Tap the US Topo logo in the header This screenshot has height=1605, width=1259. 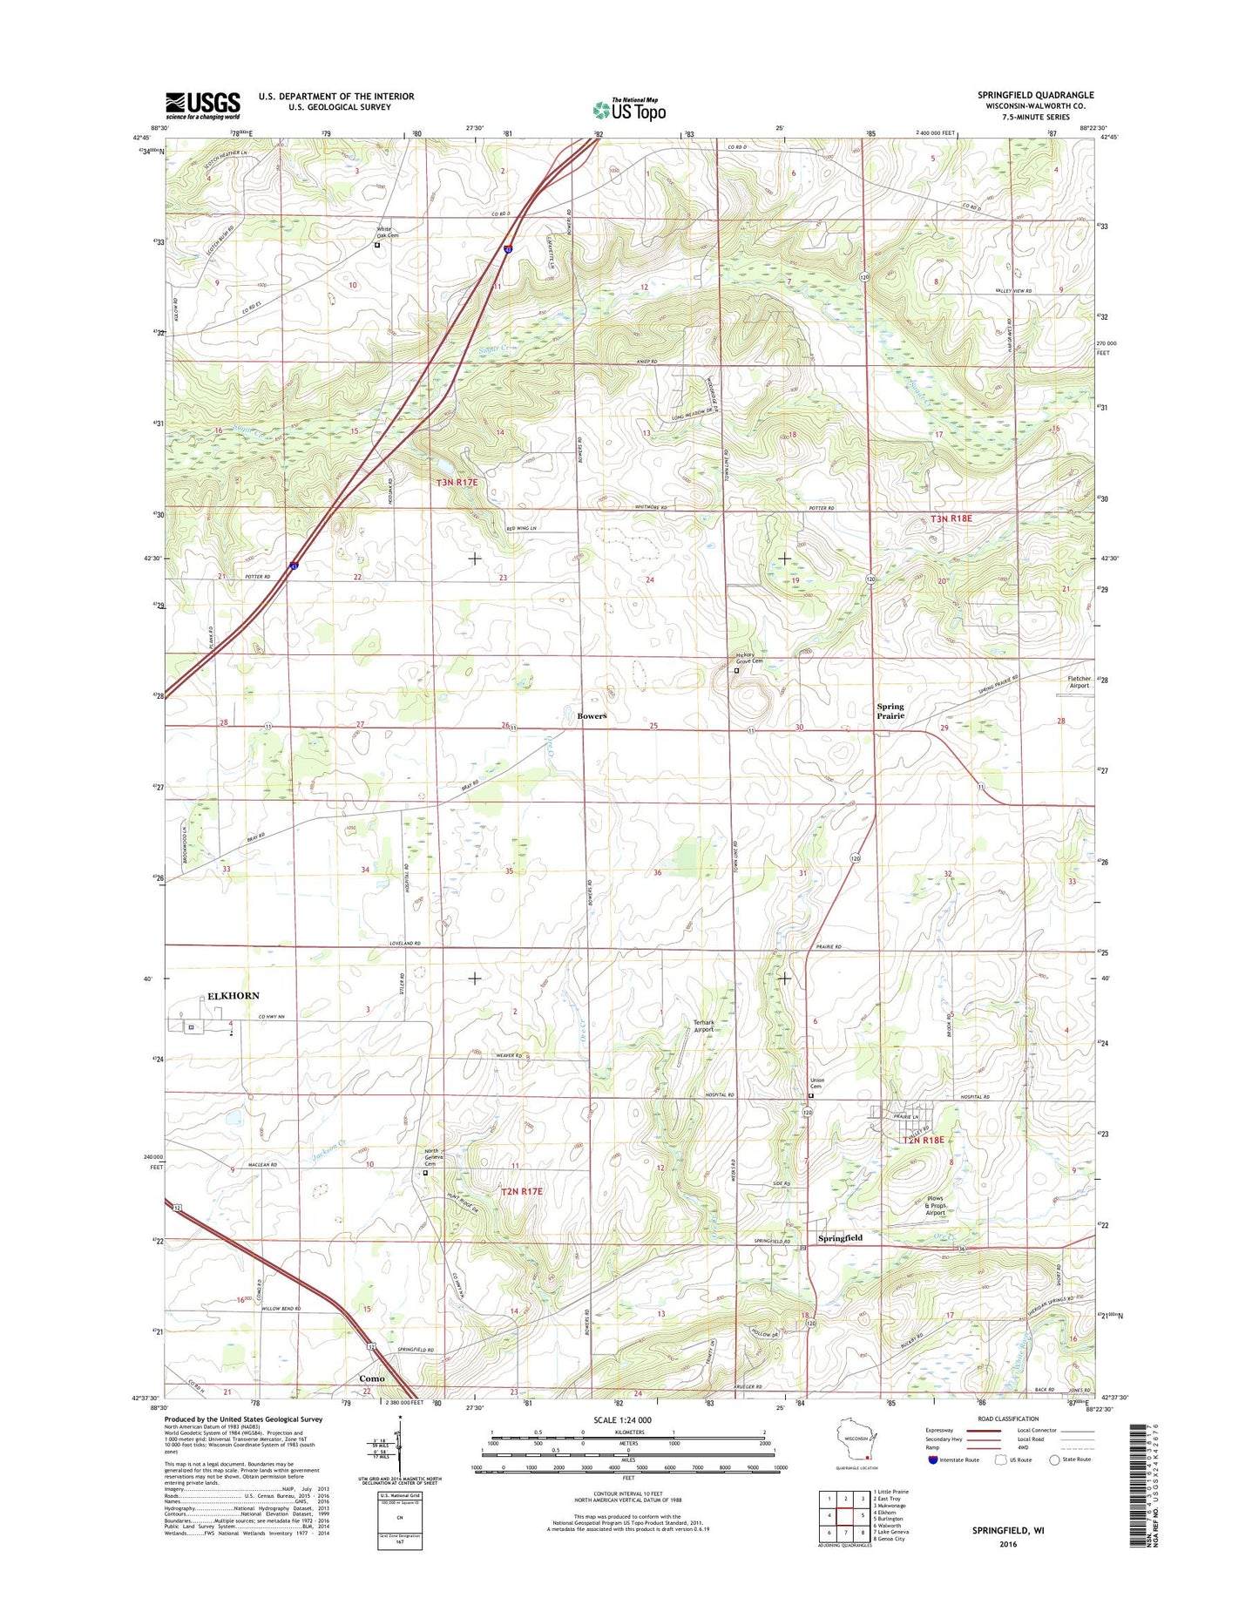point(629,109)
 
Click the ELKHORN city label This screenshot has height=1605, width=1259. point(233,995)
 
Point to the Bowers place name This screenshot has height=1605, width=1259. point(592,716)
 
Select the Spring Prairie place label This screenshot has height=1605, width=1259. point(890,711)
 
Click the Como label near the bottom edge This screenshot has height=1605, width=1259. point(372,1378)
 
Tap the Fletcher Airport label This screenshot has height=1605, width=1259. point(1079,682)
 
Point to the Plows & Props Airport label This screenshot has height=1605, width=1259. point(935,1205)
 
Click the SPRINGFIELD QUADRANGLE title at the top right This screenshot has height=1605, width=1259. point(1035,95)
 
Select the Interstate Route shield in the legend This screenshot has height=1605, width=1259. point(933,1459)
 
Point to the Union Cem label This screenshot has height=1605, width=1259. point(816,1083)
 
